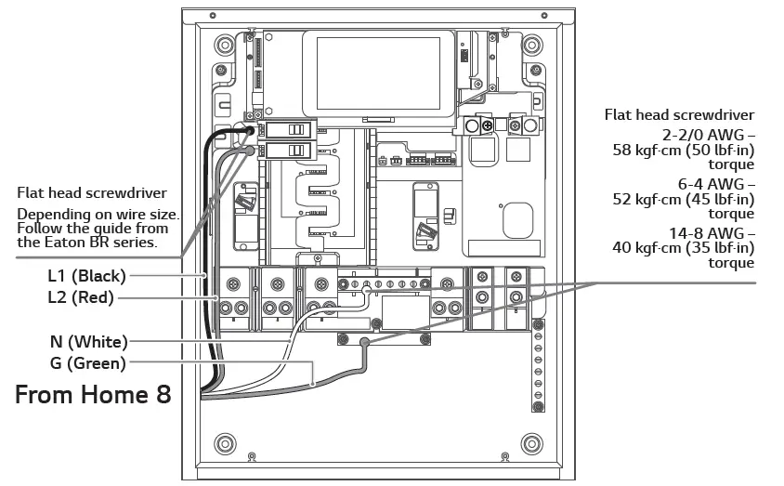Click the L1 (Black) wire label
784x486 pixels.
click(x=86, y=275)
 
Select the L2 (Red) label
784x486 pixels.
click(x=81, y=297)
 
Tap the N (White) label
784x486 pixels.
click(x=89, y=341)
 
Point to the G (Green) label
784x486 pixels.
click(x=87, y=363)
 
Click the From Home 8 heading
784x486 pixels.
click(x=93, y=394)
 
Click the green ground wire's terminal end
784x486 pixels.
click(x=365, y=343)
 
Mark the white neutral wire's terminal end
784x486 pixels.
click(x=367, y=290)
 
